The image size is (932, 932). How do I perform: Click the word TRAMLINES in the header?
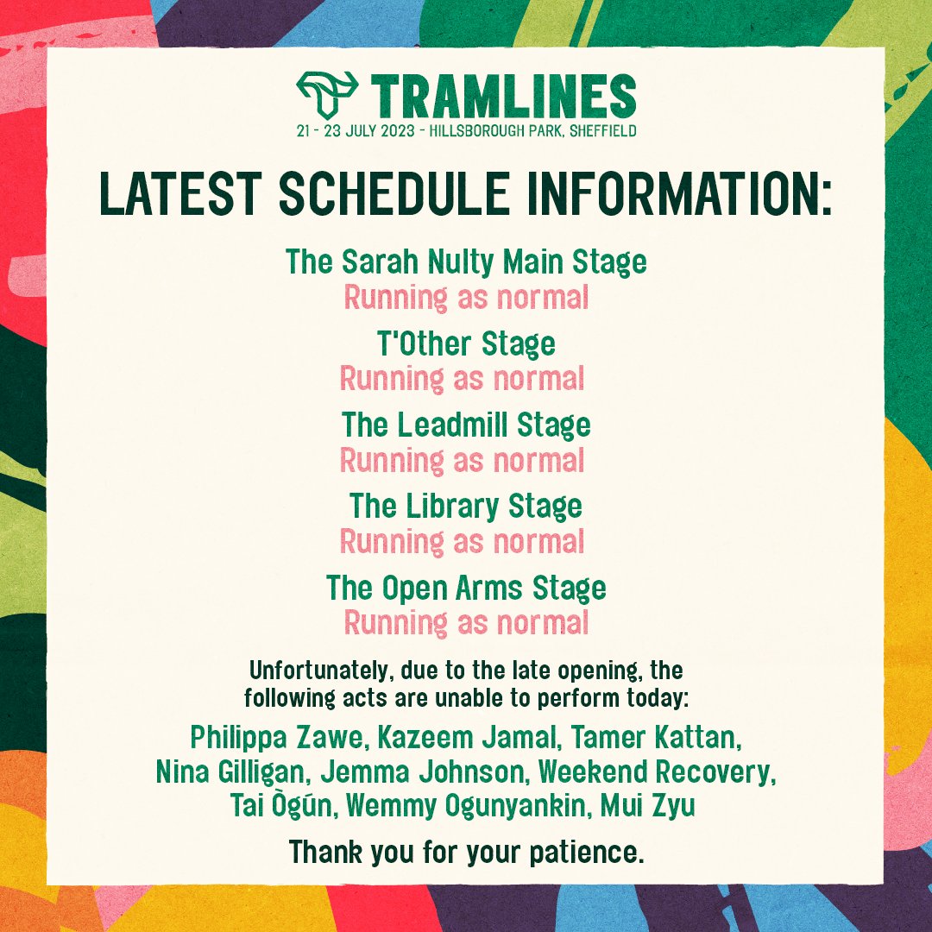point(504,96)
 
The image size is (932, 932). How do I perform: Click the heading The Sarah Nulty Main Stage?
point(466,261)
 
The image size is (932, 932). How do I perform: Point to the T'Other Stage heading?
point(466,344)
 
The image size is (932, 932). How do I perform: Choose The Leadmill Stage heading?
point(466,425)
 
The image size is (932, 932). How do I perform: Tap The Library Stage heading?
point(466,506)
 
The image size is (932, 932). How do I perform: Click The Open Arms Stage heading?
point(466,588)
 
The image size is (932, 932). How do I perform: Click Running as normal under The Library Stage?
point(463,542)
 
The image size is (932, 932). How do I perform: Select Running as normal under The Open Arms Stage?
point(466,622)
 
